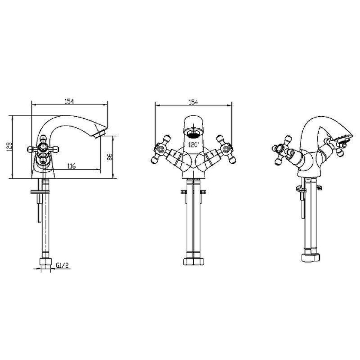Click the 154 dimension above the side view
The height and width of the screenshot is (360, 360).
(x=69, y=101)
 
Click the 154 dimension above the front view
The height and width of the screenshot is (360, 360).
(x=193, y=102)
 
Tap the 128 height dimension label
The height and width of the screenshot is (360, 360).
(x=9, y=147)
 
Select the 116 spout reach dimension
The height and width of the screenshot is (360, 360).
(x=72, y=166)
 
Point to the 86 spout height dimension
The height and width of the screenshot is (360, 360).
(x=110, y=157)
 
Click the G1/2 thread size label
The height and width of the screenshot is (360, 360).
(x=62, y=266)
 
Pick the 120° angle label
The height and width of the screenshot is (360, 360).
(x=194, y=145)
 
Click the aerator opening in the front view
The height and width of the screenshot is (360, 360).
(x=194, y=134)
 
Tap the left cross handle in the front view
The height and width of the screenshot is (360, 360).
(x=162, y=150)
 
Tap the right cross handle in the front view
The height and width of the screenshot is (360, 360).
(x=226, y=150)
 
